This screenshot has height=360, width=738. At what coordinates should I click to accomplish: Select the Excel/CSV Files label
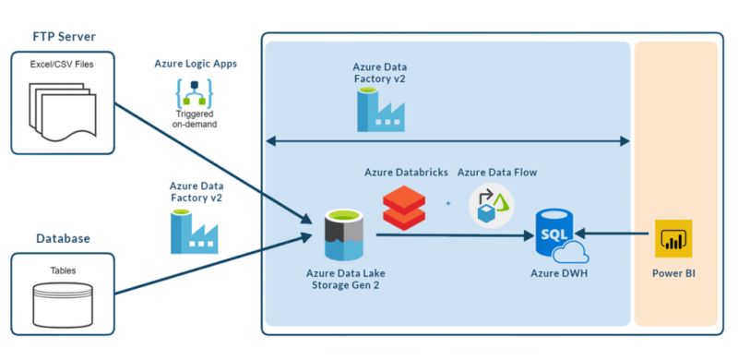pyautogui.click(x=62, y=65)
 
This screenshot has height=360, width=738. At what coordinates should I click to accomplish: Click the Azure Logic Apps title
pyautogui.click(x=195, y=65)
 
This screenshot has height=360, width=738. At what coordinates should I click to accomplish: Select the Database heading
pyautogui.click(x=63, y=238)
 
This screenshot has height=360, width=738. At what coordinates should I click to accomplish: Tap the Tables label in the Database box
pyautogui.click(x=63, y=270)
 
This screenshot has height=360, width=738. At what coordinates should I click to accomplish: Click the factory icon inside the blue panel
pyautogui.click(x=379, y=108)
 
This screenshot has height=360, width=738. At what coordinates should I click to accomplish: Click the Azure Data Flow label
pyautogui.click(x=497, y=172)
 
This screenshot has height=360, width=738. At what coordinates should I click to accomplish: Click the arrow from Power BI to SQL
pyautogui.click(x=618, y=234)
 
